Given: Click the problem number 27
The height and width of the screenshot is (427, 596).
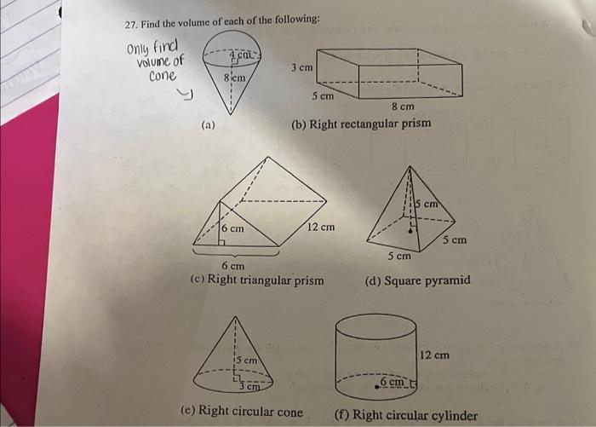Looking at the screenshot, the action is point(130,25).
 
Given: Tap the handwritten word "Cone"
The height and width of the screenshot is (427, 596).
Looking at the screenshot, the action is point(163,76).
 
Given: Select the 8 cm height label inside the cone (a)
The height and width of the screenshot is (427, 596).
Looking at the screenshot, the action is point(234,78).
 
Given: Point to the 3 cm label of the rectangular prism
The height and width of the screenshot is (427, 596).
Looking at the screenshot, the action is point(302,67).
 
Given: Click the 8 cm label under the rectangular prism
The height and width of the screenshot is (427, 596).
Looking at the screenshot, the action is point(403,107).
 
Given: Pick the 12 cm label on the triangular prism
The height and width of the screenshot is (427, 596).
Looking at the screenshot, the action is point(321,228).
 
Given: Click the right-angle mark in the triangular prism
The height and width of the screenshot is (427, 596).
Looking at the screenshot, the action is point(222,242).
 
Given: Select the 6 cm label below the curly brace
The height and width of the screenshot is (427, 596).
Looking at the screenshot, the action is point(233,266).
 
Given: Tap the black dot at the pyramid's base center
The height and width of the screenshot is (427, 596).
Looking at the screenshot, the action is point(410,231).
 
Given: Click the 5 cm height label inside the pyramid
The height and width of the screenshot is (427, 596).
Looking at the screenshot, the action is point(427,204).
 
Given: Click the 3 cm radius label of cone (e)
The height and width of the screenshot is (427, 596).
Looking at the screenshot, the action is point(249,387).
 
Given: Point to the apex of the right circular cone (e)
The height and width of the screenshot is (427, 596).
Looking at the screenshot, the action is point(235,317).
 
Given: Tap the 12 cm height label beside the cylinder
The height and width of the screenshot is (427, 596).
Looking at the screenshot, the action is point(434,355).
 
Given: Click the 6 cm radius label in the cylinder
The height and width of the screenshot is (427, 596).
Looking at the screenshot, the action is point(393,381).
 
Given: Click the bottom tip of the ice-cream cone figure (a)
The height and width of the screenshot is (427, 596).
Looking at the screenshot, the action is point(231,114).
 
